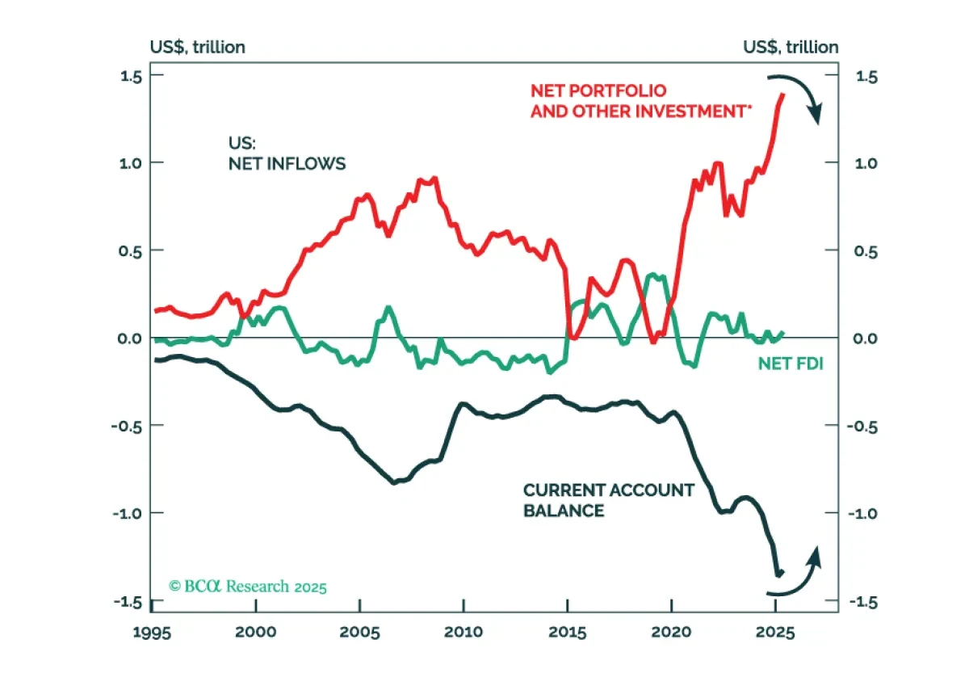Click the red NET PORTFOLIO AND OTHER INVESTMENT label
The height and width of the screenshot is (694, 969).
pos(641,101)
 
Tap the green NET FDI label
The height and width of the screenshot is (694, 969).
pos(791,364)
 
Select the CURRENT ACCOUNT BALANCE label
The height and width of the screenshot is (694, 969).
pos(609,500)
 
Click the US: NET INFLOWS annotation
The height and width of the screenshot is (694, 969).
pos(287,154)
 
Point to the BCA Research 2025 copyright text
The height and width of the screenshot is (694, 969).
pos(247,587)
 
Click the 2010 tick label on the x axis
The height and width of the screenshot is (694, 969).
pos(464,632)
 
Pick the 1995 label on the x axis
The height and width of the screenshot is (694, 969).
pos(152,633)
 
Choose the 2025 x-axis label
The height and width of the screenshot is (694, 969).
pos(775,633)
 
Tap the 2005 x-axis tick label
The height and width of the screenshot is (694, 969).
pos(359,632)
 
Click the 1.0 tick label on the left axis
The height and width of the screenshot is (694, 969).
pos(131,164)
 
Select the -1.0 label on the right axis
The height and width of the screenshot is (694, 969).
pos(863,514)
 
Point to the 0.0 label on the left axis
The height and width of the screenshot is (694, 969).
pos(130,339)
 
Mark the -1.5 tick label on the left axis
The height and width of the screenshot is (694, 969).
pos(128,602)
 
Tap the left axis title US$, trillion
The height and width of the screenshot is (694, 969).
pos(198,47)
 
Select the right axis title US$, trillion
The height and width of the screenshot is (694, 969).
pos(791,47)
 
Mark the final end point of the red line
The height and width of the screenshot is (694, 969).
pos(783,95)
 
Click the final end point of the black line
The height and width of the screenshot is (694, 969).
pos(782,572)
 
